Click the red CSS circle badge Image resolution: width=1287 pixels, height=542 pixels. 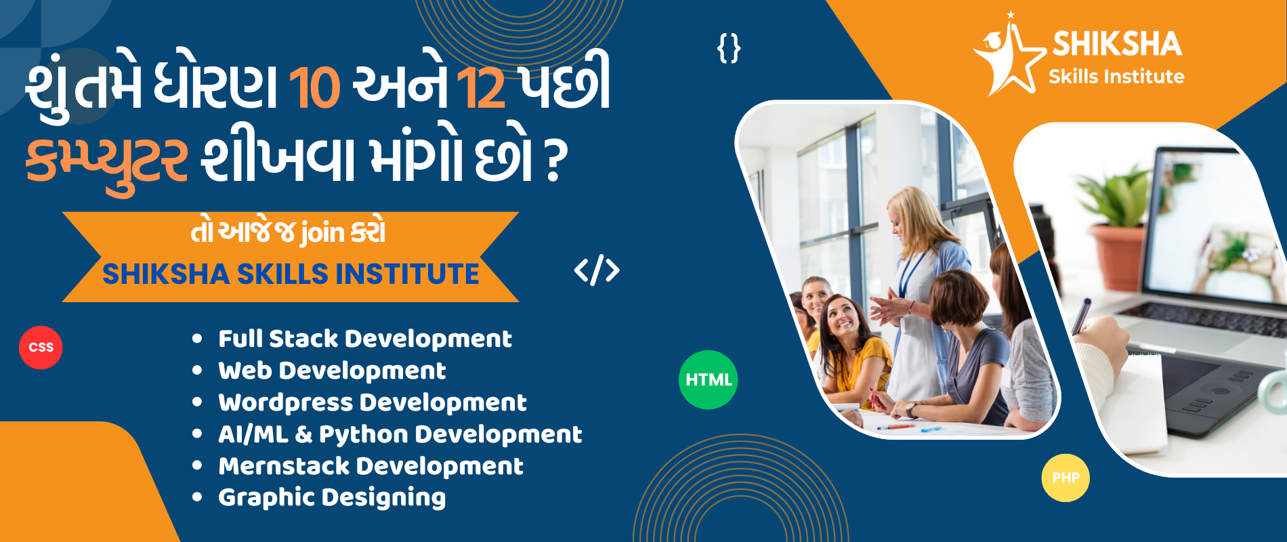(41, 348)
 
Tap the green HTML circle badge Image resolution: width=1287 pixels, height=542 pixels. (708, 379)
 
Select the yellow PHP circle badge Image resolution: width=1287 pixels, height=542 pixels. (1066, 478)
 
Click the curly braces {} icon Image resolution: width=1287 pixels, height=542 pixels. (729, 48)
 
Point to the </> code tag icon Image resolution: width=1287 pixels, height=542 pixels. (597, 270)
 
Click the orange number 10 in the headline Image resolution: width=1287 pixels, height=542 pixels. (314, 88)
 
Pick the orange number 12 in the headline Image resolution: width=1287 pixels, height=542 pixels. (481, 88)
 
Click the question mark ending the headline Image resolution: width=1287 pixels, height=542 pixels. (555, 161)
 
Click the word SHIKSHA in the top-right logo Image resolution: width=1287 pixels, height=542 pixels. (1117, 44)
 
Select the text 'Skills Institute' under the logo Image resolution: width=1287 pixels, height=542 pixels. (1116, 77)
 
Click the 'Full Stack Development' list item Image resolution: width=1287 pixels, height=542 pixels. (364, 339)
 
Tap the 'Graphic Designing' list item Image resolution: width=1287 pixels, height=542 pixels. (332, 498)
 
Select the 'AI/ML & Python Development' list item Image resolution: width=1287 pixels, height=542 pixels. (400, 434)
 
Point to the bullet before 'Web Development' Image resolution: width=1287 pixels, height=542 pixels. (197, 371)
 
